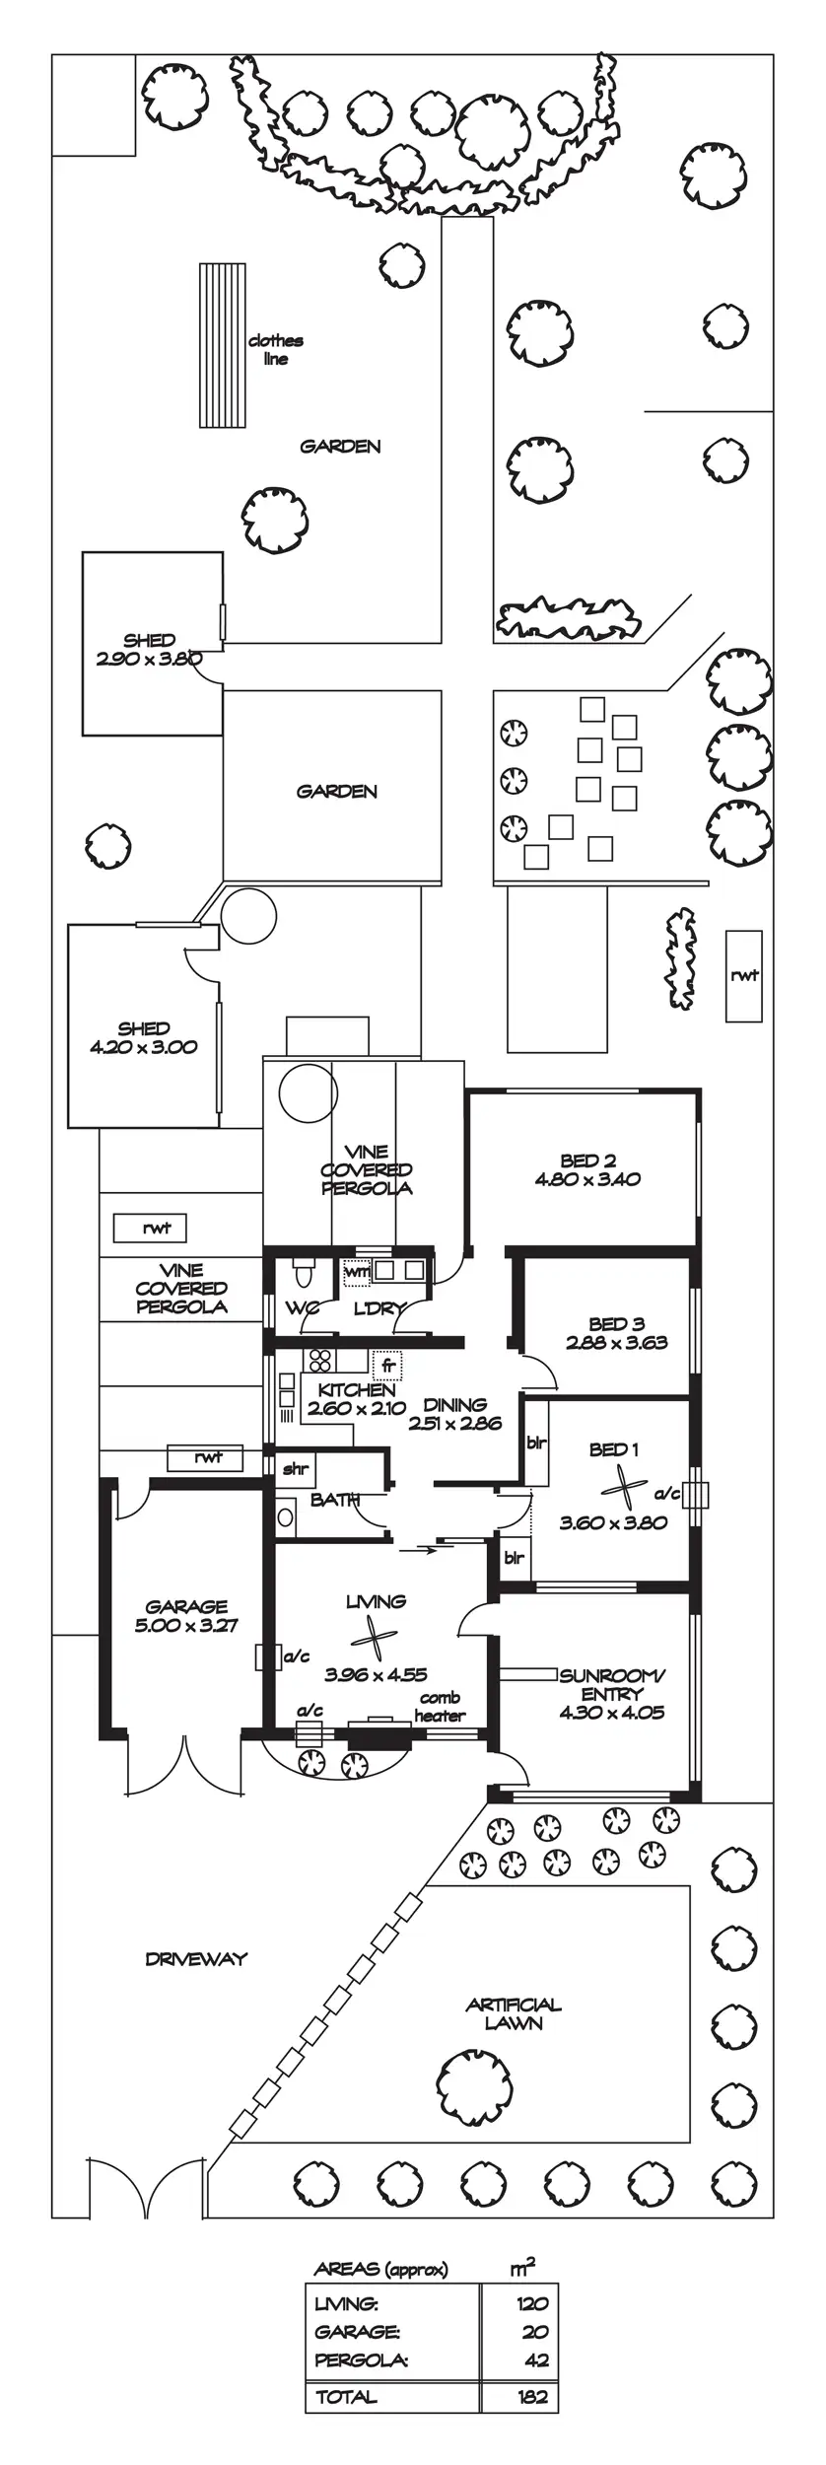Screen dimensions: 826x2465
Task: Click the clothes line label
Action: [275, 350]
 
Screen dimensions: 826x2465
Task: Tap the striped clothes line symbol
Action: [222, 345]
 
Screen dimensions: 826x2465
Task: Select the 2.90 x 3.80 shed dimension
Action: [149, 659]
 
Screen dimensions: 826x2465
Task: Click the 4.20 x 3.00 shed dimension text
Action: [144, 1047]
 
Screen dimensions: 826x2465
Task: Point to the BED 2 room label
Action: [587, 1161]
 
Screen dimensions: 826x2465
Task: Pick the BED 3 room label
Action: [617, 1323]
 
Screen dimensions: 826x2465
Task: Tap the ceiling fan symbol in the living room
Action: [374, 1640]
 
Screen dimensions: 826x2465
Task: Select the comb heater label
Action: [440, 1707]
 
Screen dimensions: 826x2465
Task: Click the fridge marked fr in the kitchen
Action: [388, 1366]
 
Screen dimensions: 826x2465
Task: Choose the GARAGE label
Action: [186, 1606]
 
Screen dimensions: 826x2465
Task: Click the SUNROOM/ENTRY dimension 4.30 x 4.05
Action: [611, 1713]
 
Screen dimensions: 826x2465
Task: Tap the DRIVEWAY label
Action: [195, 1959]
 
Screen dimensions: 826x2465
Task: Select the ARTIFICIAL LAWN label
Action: [514, 2013]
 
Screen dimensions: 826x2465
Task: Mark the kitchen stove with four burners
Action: [319, 1361]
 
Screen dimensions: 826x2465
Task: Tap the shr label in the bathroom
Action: [295, 1468]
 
